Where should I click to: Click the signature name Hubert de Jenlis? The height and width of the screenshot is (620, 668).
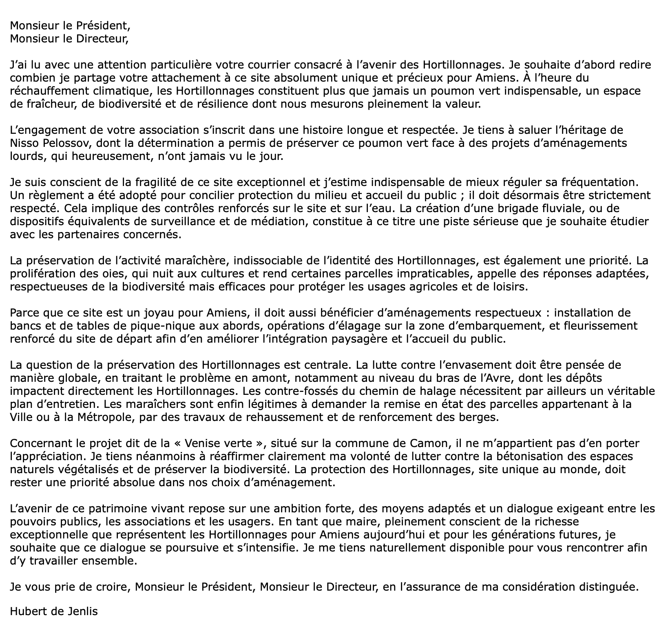54,611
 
